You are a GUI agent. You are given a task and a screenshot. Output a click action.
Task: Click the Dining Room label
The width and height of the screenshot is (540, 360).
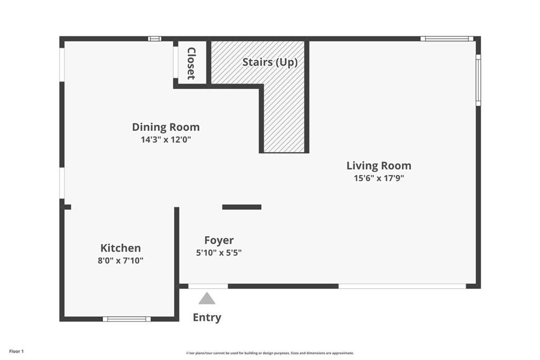166,127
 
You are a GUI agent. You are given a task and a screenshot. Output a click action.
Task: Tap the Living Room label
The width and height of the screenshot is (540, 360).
379,166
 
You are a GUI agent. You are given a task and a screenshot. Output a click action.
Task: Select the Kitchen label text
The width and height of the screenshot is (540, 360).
121,248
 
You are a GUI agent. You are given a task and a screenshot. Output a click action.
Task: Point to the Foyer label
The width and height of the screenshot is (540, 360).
219,240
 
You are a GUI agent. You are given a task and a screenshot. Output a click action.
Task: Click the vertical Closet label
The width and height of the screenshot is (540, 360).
191,63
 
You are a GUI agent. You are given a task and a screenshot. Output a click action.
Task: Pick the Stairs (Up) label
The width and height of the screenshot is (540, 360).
270,62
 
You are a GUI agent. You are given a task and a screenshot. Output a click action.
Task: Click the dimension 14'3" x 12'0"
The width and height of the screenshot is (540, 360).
166,140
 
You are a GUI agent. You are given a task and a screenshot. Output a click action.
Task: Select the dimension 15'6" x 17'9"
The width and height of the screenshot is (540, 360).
379,178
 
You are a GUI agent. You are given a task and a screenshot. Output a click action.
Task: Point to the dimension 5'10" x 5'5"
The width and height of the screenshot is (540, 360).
219,252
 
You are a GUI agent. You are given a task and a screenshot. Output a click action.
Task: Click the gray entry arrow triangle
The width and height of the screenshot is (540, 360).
207,299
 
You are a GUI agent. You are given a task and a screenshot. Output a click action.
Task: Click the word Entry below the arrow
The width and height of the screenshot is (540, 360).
207,317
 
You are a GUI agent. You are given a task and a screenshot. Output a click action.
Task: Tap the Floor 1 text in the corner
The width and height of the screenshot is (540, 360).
17,351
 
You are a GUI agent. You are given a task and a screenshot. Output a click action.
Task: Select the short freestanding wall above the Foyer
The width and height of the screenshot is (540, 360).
242,207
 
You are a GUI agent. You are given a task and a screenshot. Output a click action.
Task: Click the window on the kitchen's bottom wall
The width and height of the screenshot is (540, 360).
127,319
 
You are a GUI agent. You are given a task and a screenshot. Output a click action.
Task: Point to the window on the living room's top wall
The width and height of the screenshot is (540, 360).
447,38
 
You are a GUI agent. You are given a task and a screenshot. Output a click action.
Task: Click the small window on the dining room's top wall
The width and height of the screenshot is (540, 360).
154,38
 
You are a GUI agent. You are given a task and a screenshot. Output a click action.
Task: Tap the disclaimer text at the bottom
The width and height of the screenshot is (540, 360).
270,353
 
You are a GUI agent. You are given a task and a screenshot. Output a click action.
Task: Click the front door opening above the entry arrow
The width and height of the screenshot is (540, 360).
208,286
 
